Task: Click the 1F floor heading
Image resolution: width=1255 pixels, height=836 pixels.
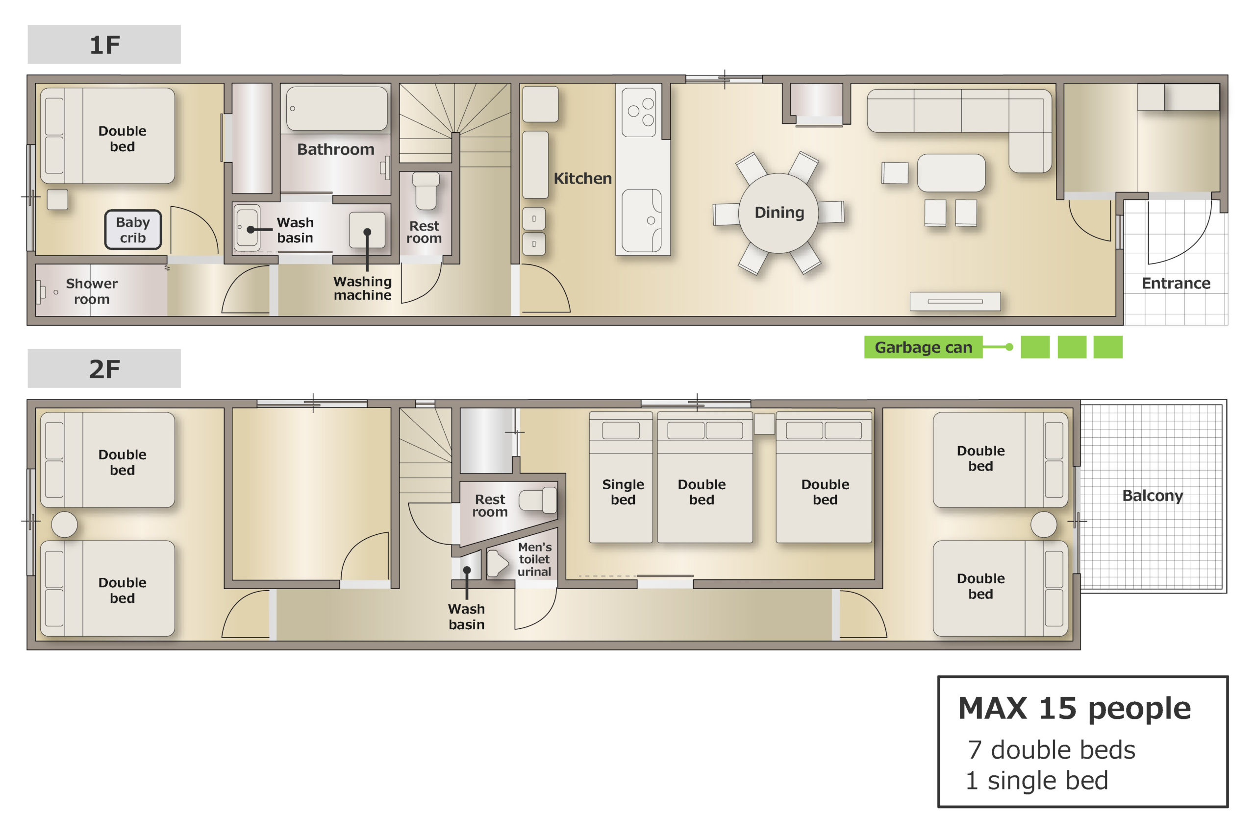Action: coord(104,44)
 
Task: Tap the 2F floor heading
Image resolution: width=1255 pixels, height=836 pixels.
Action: coord(104,368)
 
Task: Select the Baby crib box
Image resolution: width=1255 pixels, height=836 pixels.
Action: coord(133,230)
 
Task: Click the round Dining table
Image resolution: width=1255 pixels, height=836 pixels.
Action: coord(778,213)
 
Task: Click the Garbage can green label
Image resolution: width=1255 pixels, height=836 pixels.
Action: coord(923,347)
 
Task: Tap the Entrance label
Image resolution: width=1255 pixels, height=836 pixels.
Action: coord(1176,283)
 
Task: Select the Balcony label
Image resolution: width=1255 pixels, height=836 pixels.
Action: coord(1153,495)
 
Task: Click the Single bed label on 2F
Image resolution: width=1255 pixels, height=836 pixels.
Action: coord(623,492)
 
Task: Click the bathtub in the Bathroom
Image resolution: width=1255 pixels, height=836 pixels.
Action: coord(337,109)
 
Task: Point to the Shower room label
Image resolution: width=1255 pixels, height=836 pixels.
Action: coord(92,291)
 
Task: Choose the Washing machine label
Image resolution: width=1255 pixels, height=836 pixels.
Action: coord(362,288)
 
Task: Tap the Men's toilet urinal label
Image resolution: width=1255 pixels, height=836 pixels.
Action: coord(534,559)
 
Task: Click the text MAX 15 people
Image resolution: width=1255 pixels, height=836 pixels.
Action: coord(1074,708)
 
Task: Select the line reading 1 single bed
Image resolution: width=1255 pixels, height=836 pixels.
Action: coord(1037,780)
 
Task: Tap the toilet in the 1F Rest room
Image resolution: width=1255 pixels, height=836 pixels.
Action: coord(426,191)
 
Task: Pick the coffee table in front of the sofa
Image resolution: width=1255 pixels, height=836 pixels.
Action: coord(951,173)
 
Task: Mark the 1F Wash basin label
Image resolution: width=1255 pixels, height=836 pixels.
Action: coord(295,230)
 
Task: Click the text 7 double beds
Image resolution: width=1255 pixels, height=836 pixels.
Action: coord(1051,750)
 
